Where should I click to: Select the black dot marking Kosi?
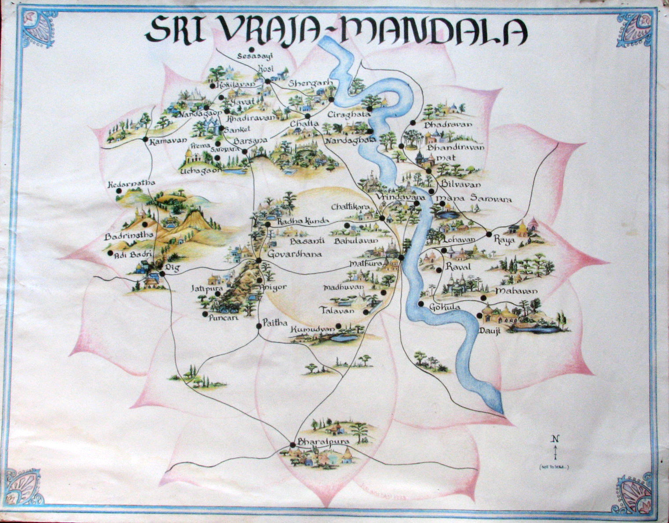[267, 81]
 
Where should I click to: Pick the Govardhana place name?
[295, 254]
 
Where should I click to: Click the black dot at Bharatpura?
[292, 445]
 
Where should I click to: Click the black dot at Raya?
[489, 234]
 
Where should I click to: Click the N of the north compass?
[556, 438]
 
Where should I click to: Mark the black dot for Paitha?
[259, 326]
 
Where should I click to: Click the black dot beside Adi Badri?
[110, 254]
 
